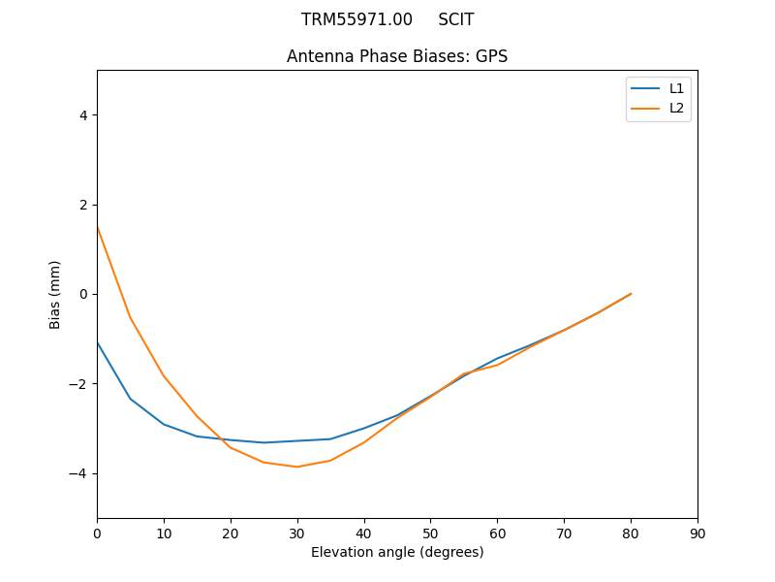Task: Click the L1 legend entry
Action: tap(676, 88)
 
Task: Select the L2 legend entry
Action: tap(676, 108)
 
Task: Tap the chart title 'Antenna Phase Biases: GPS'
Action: tap(397, 56)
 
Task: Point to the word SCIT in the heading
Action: tap(455, 19)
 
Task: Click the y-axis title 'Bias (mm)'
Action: tap(55, 294)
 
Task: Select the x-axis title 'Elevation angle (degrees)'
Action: tap(397, 552)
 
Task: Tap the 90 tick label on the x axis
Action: tap(697, 533)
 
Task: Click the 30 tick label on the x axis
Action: tap(297, 533)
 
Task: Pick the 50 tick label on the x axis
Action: tap(430, 533)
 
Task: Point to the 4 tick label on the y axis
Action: tap(83, 115)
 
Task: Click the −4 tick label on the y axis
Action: tap(79, 473)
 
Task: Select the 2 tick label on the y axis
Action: tap(83, 205)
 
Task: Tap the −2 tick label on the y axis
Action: tap(79, 384)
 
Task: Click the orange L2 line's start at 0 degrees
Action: tap(97, 226)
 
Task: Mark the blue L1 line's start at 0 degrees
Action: tap(97, 341)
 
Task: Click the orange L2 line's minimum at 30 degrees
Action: tap(297, 467)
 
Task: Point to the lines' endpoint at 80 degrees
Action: tap(631, 293)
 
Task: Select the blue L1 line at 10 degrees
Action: tap(164, 424)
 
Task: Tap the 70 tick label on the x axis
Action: tap(564, 533)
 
